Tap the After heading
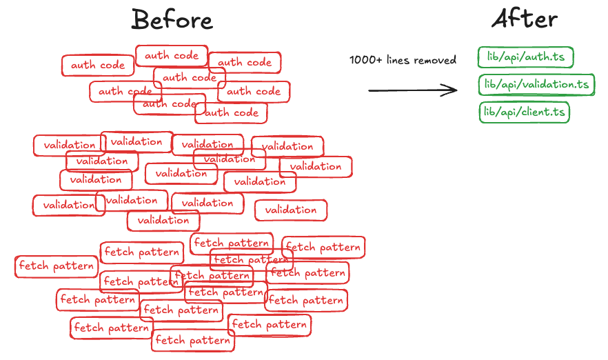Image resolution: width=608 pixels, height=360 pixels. coord(525,19)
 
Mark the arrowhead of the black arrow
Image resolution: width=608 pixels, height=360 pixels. coord(453,90)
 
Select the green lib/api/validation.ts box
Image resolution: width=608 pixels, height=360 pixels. coord(536,85)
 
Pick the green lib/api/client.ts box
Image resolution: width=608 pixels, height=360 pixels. coord(524,112)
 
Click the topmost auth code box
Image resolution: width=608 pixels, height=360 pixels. coord(172,55)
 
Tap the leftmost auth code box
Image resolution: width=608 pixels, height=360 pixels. coord(98,66)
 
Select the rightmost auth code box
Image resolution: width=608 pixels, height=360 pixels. coord(254,91)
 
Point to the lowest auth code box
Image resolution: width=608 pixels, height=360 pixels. coord(232,112)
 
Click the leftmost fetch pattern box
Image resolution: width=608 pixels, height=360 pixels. coord(56,266)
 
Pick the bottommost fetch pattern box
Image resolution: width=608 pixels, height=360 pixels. coord(192,340)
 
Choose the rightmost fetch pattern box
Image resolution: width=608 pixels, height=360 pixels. coord(323,246)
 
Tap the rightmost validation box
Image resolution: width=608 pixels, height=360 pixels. coord(316,166)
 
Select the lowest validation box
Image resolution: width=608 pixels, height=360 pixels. coord(163,221)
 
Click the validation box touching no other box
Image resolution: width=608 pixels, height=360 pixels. coord(291,210)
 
